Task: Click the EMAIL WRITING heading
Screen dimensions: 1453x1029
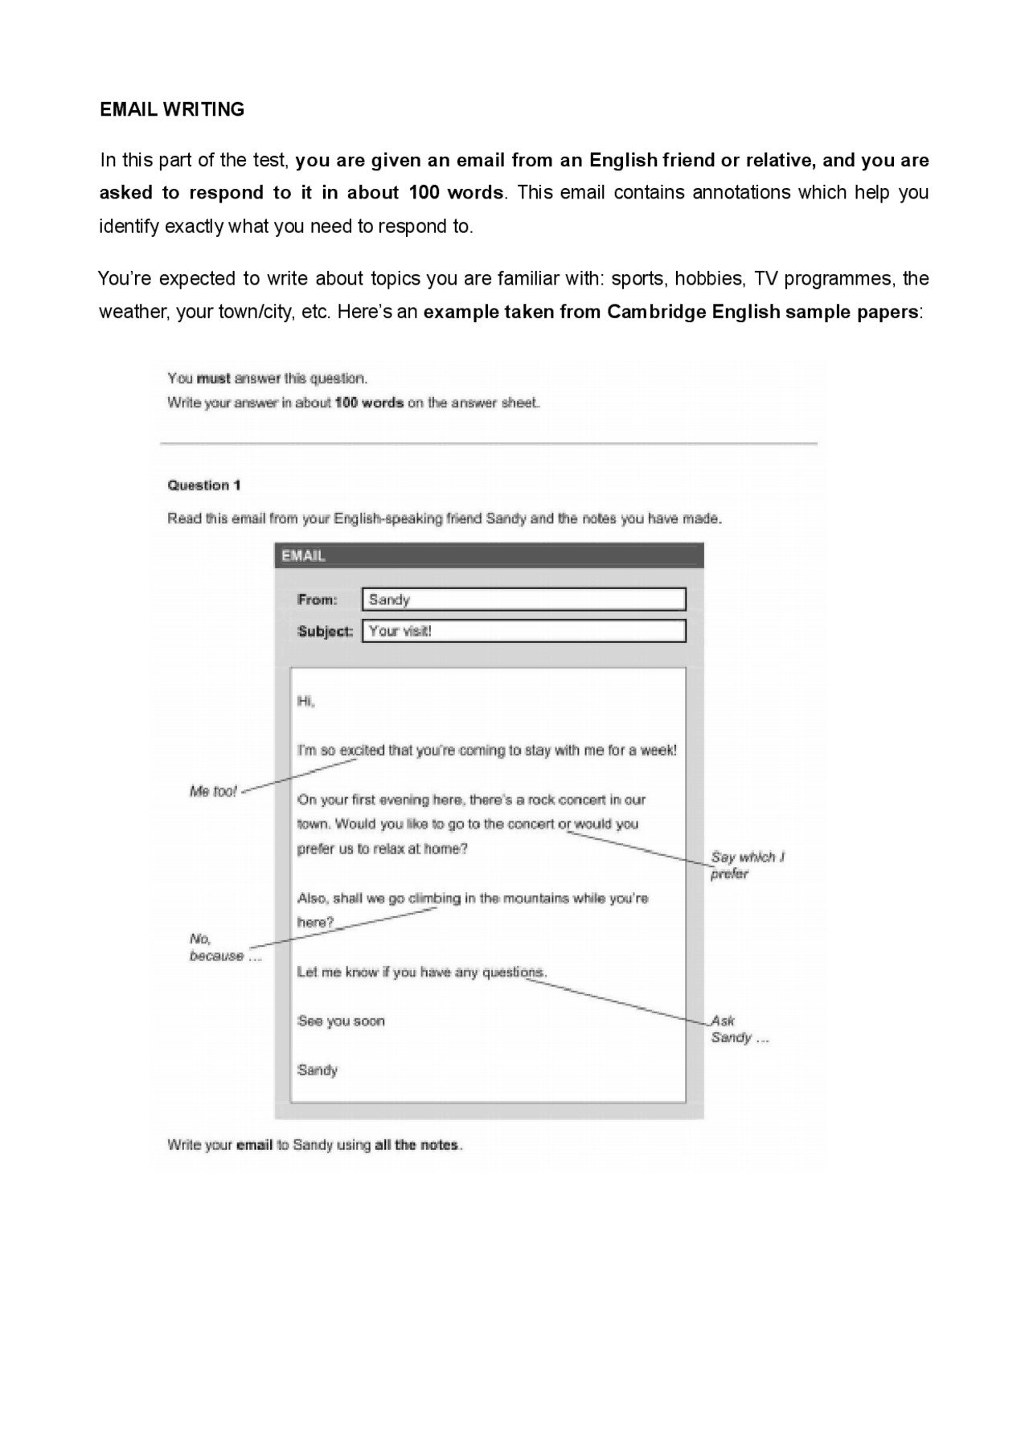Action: coord(172,109)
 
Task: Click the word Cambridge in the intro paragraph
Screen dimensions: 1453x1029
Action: coord(656,312)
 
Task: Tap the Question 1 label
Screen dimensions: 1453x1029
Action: coord(203,485)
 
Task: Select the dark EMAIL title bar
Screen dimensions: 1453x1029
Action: coord(489,555)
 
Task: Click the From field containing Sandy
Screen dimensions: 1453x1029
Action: coord(523,600)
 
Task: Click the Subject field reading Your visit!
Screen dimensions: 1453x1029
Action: coord(523,631)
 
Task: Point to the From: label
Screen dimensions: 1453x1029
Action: coord(317,600)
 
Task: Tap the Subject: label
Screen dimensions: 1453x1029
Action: coord(325,632)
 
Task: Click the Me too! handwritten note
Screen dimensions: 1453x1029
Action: coord(213,792)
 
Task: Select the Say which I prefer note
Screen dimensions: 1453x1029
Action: coord(746,866)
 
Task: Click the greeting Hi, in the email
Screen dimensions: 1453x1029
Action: coord(305,702)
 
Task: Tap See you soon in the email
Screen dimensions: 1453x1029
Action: coord(341,1021)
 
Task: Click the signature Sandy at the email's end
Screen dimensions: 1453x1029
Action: coord(318,1070)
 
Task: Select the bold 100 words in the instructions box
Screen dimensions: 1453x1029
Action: coord(369,403)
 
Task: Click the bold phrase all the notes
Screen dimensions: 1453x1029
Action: coord(417,1145)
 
